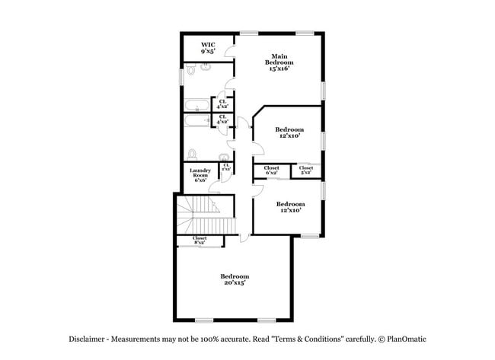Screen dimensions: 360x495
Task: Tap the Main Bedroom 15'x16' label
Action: (279, 62)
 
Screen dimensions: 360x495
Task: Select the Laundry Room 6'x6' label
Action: (200, 175)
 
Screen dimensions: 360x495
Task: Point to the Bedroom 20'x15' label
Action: (235, 279)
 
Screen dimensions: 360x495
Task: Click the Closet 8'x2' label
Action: (200, 241)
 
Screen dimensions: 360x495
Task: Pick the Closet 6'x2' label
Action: (271, 170)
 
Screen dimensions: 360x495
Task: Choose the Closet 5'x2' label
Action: (306, 170)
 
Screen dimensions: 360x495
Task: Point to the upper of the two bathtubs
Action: (196, 106)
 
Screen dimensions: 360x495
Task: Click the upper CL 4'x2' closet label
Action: (222, 104)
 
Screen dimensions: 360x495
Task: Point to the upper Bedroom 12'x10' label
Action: (289, 132)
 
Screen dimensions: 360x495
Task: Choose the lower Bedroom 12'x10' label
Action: (290, 207)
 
